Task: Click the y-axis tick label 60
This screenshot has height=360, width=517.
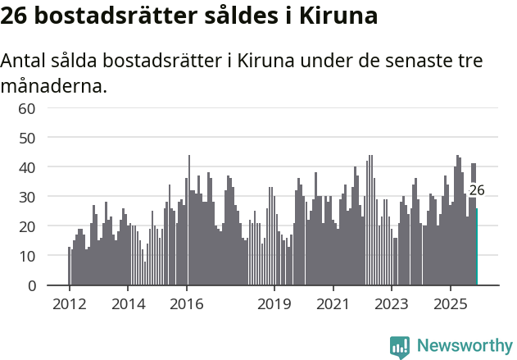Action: point(27,108)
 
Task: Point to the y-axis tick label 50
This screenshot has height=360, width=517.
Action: point(27,138)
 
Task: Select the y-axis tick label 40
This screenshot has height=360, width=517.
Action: point(27,167)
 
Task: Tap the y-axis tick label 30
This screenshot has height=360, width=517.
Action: point(27,197)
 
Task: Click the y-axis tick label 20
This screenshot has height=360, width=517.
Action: point(27,226)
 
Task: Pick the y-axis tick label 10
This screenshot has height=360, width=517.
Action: point(27,256)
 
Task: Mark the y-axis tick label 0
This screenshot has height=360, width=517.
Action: point(31,285)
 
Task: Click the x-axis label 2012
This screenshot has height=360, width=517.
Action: point(69,303)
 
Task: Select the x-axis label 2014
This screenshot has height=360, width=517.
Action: point(128,303)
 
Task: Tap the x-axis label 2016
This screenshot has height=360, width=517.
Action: point(187,303)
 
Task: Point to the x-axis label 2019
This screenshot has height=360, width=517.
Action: point(274,303)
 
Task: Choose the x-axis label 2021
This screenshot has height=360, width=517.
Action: point(333,303)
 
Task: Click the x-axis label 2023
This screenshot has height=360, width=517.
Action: point(391,303)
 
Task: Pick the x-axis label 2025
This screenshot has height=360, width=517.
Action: point(450,303)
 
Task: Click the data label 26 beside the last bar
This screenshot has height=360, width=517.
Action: point(477,190)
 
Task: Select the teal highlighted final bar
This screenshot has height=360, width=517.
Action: point(476,247)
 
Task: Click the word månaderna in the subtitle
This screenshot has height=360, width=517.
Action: point(53,84)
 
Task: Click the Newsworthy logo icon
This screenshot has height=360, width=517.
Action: point(400,346)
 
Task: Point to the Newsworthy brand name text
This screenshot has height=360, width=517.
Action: point(464,346)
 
